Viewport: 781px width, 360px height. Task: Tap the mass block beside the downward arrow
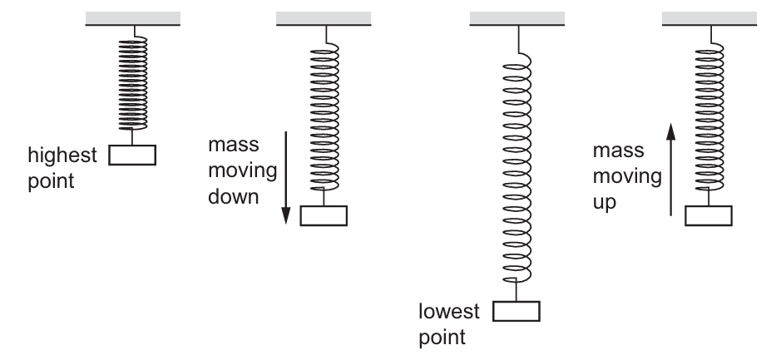(x=324, y=215)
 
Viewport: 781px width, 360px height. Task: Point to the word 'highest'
(x=63, y=155)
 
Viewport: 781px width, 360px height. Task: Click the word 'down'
(x=233, y=199)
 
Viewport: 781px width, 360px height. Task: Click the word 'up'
(x=606, y=202)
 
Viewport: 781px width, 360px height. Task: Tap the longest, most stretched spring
(x=517, y=166)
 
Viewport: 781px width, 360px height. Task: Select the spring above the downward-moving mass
(x=324, y=116)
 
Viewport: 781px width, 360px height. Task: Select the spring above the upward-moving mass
(x=708, y=116)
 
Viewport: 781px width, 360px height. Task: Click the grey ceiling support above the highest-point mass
(x=133, y=17)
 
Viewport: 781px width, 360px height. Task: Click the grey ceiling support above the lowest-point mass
(x=517, y=17)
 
